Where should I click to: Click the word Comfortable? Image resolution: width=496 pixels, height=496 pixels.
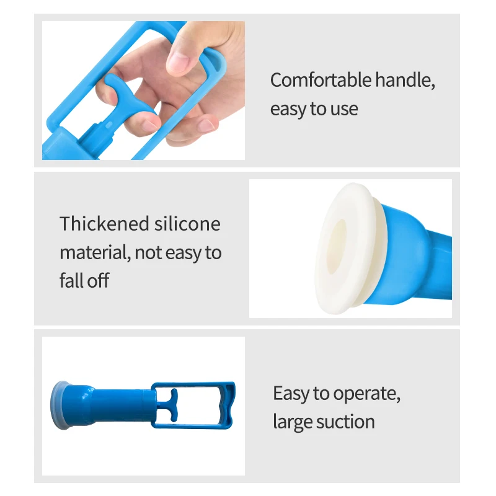coord(321,80)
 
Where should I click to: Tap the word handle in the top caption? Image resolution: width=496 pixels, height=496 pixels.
coord(405,80)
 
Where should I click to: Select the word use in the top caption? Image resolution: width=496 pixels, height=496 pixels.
coord(344,110)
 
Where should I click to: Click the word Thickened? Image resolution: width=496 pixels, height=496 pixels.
coord(104,224)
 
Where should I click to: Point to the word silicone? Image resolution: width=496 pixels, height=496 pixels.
coord(187,224)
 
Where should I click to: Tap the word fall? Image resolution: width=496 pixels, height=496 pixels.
coord(71,280)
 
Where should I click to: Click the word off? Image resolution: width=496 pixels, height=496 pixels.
coord(98,280)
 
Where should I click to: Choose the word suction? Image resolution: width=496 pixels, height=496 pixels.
coord(345,422)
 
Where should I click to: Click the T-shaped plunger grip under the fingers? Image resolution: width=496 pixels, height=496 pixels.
coord(124,95)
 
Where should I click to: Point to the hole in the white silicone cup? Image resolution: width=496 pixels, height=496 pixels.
coord(337,246)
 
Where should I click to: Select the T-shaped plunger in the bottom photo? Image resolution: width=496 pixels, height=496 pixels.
coord(169,405)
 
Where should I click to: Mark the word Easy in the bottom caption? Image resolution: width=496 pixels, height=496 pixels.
coord(291,394)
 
